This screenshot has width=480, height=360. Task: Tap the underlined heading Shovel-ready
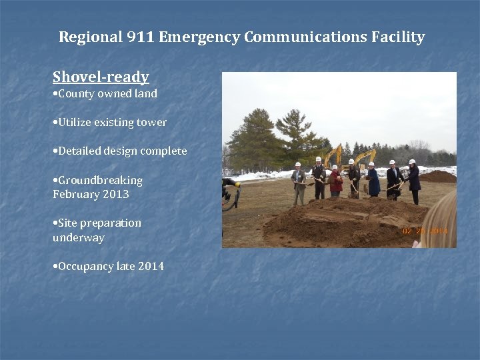pyautogui.click(x=101, y=77)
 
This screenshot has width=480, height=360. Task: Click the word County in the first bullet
pyautogui.click(x=77, y=94)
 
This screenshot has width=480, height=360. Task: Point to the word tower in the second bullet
pyautogui.click(x=152, y=123)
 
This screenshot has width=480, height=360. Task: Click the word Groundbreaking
pyautogui.click(x=100, y=181)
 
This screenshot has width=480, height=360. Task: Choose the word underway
pyautogui.click(x=79, y=238)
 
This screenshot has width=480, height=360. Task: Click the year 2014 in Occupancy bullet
pyautogui.click(x=151, y=267)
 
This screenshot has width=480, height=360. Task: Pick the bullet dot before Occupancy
pyautogui.click(x=55, y=267)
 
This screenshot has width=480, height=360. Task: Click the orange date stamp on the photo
pyautogui.click(x=425, y=231)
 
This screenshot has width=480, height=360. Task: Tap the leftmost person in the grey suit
pyautogui.click(x=299, y=183)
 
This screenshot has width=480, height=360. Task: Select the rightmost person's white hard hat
pyautogui.click(x=412, y=161)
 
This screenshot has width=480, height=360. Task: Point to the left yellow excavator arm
pyautogui.click(x=331, y=155)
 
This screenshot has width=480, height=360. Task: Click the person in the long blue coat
pyautogui.click(x=373, y=181)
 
